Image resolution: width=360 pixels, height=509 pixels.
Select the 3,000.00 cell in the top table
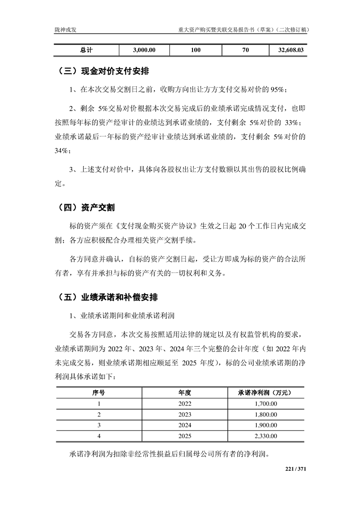pos(145,50)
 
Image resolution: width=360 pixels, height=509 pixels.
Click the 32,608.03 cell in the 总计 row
pos(288,50)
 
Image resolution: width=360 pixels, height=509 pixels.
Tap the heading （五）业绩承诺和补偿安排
pos(108,298)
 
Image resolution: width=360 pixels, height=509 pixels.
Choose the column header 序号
pos(99,392)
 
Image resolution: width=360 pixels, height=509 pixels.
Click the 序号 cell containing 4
pos(99,436)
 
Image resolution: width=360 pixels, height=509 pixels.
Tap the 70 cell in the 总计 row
pos(245,50)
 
